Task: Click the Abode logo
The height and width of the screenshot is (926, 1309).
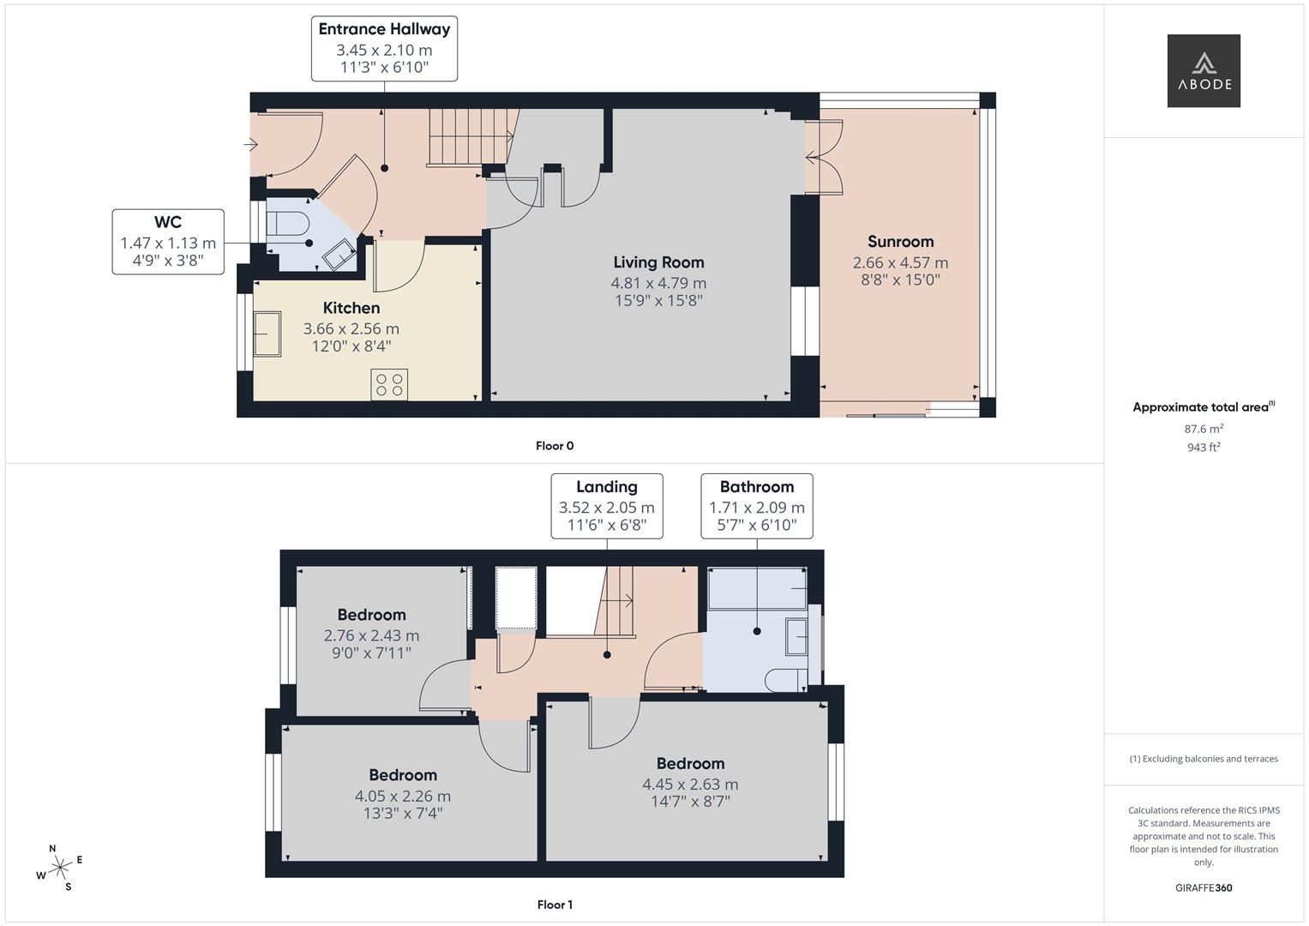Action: (1204, 70)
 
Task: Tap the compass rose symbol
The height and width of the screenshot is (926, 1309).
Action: (59, 868)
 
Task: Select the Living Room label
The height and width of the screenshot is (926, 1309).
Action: (658, 262)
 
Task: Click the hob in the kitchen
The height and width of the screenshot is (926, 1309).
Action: (389, 384)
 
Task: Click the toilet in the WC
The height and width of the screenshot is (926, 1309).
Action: (286, 224)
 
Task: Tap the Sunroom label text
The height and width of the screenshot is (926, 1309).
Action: (900, 242)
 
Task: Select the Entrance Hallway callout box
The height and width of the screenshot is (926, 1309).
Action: (384, 48)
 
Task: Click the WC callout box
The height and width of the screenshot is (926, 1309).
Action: (168, 242)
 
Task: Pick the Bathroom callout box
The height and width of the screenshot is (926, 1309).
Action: (757, 506)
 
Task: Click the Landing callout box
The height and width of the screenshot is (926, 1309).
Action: (607, 506)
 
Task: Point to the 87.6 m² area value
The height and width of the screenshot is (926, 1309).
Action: (1204, 429)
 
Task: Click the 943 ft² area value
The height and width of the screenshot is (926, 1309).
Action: (1204, 447)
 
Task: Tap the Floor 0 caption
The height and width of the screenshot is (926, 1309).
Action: (555, 446)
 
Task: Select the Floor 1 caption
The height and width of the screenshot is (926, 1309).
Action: (555, 905)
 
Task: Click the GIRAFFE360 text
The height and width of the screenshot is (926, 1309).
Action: (1204, 887)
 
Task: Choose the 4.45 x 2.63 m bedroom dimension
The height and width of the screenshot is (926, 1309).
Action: (690, 784)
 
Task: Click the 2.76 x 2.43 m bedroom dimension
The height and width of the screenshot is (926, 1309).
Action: (371, 635)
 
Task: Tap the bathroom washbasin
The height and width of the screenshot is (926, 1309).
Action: (797, 637)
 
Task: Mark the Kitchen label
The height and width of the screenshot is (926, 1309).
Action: (351, 308)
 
